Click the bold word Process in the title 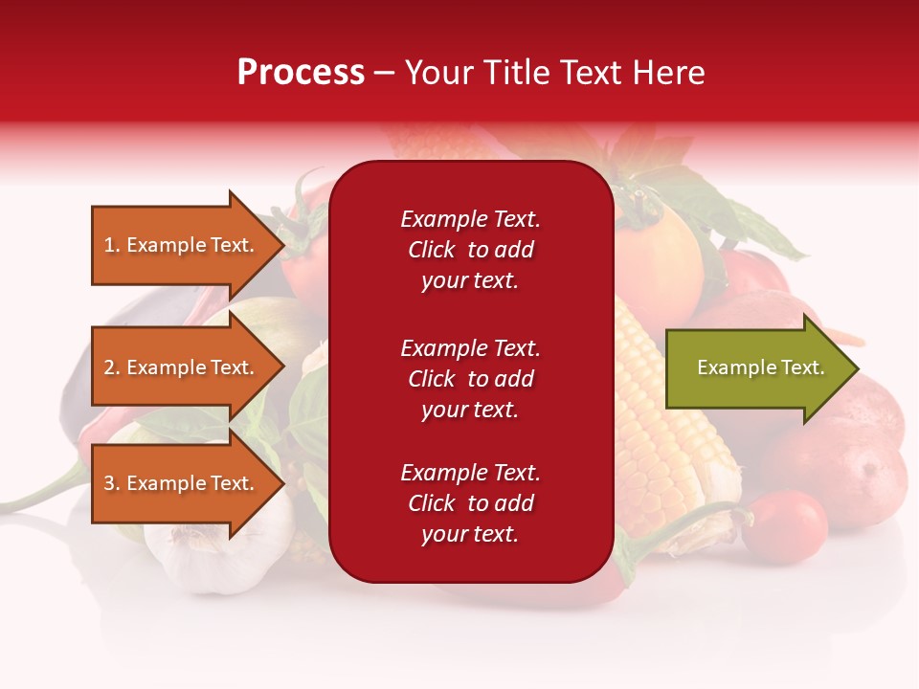click(301, 73)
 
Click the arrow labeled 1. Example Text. click(182, 245)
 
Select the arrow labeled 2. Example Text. click(182, 367)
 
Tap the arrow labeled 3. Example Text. click(182, 483)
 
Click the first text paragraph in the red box click(470, 250)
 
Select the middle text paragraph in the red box click(470, 379)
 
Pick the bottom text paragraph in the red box click(470, 503)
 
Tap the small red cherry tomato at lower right click(784, 525)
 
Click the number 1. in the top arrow click(112, 245)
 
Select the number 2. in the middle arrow click(112, 367)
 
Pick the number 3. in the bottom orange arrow click(112, 483)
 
